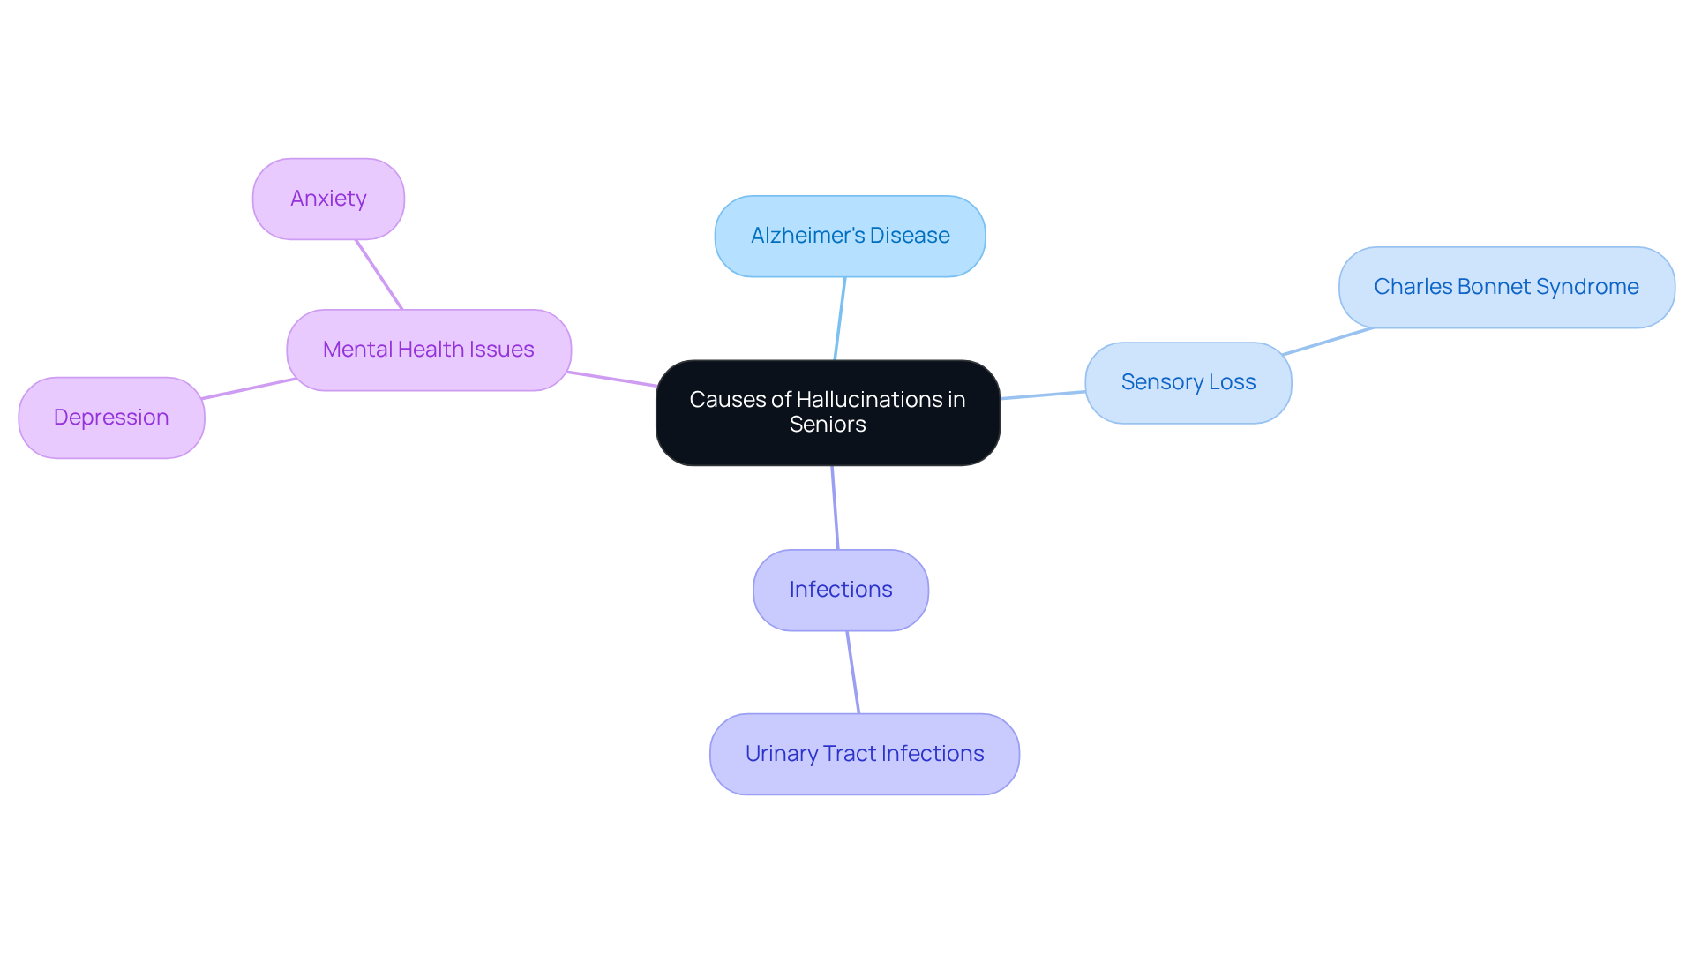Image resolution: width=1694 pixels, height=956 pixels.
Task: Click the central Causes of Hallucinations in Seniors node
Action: click(828, 412)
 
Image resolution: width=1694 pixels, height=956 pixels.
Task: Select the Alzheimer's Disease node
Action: click(850, 236)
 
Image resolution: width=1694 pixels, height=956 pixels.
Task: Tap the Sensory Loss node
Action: click(1188, 382)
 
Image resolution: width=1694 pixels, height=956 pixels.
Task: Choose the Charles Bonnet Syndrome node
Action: click(1506, 287)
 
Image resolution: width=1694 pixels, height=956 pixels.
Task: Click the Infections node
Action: click(840, 590)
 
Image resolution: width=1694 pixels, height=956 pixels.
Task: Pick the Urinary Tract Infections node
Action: click(864, 754)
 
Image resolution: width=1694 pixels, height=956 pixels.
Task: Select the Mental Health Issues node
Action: click(428, 350)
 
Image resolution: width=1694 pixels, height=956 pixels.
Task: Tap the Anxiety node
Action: click(328, 199)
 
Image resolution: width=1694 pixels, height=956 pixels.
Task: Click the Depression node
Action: click(111, 418)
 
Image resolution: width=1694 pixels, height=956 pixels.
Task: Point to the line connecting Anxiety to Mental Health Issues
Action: click(379, 275)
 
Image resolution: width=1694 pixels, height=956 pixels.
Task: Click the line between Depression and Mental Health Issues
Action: click(249, 388)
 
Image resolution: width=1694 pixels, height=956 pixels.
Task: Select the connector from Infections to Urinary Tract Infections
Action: click(853, 673)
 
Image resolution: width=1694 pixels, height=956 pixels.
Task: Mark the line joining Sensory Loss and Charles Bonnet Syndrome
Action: click(1328, 342)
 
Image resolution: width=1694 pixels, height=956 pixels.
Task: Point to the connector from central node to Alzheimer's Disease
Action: click(840, 319)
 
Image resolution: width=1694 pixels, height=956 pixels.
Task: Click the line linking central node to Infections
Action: click(835, 508)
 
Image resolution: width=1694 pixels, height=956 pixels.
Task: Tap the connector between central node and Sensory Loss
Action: click(1043, 395)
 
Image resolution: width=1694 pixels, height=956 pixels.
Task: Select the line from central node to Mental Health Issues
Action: click(613, 380)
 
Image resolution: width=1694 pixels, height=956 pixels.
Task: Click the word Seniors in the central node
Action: click(828, 425)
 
